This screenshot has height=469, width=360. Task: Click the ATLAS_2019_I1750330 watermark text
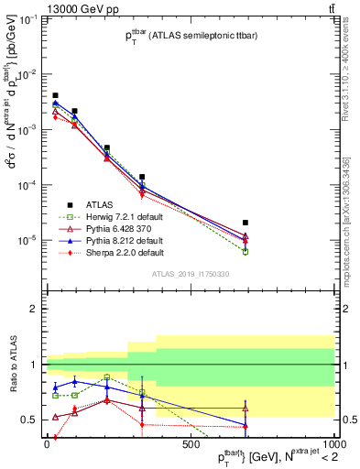[x=189, y=273]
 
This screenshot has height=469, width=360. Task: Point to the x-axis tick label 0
[x=47, y=444]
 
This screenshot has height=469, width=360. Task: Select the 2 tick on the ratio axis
[x=35, y=309]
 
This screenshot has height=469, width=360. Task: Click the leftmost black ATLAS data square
[x=55, y=95]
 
